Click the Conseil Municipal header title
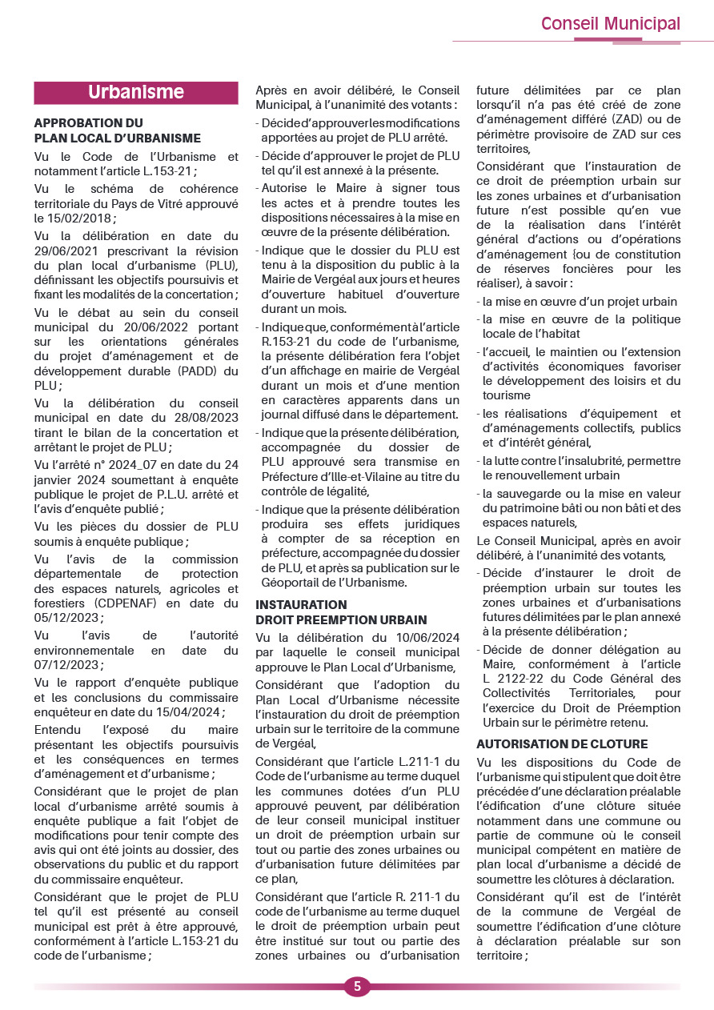[610, 23]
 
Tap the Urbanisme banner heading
[136, 92]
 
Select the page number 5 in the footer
[357, 986]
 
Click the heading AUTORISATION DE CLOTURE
[562, 744]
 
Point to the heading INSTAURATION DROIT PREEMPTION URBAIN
[341, 612]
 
